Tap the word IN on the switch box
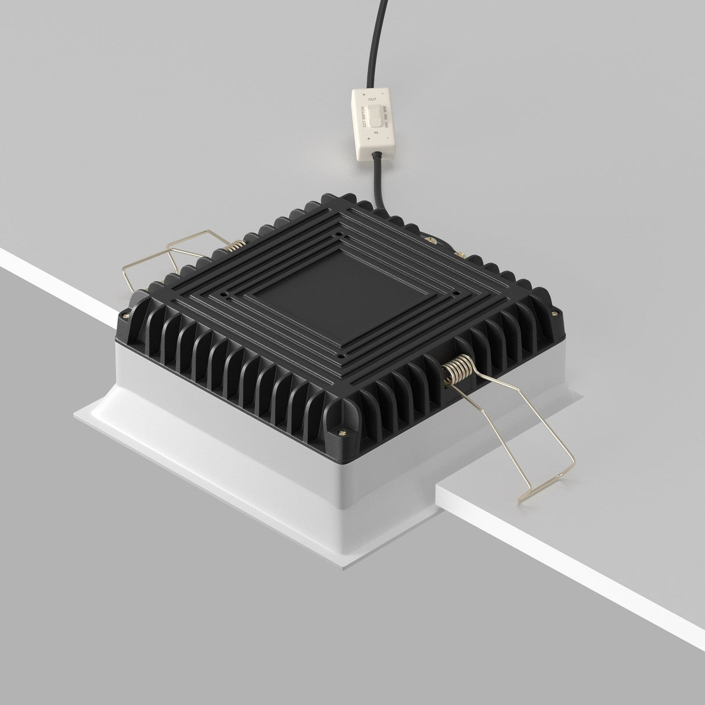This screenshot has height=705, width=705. [x=376, y=133]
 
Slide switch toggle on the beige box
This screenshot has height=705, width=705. [x=377, y=116]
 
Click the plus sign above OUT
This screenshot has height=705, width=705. [x=364, y=94]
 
